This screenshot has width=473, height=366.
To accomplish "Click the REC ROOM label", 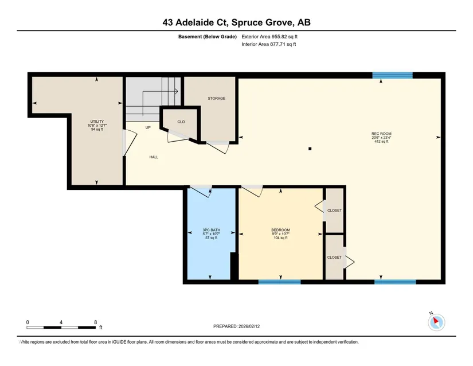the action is (x=381, y=134).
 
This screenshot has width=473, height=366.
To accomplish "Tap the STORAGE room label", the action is (x=216, y=98).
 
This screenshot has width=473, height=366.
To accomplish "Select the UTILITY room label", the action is (x=97, y=122).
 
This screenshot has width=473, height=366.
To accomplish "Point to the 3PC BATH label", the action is (x=211, y=230).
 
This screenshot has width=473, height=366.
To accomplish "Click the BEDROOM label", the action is (x=280, y=230).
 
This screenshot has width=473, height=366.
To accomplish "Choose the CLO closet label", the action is (x=181, y=122).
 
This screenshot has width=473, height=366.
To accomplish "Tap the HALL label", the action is (x=154, y=157).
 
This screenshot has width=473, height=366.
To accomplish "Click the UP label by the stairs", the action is (x=148, y=127).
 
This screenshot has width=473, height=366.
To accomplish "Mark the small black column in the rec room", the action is (x=310, y=149).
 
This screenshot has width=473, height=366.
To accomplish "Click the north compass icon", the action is (x=436, y=322).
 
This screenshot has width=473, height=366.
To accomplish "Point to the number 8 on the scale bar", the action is (x=96, y=322).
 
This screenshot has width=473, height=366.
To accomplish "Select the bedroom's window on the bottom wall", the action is (x=280, y=282).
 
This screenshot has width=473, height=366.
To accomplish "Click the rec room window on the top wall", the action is (x=393, y=75).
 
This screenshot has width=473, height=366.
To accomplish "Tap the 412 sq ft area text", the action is (x=381, y=141).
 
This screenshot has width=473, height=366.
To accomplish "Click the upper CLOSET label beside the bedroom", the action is (x=334, y=211).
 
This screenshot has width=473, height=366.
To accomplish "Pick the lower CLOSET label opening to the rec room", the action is (x=334, y=258).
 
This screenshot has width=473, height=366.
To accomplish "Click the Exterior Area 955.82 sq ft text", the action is (x=269, y=37).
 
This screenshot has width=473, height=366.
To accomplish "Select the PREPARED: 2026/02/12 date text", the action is (x=236, y=326).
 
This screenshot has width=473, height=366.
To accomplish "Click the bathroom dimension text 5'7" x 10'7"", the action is (x=211, y=234).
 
